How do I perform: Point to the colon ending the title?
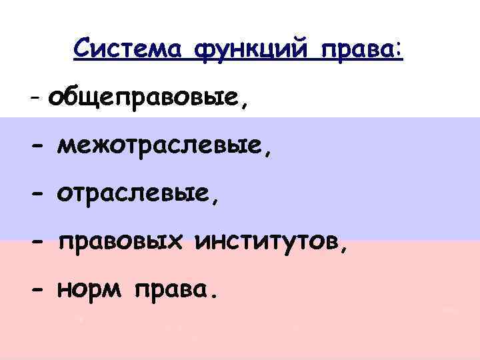(399, 51)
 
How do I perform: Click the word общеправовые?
(146, 99)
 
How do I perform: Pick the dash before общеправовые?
(35, 101)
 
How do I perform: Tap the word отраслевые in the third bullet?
(136, 194)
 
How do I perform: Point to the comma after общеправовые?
(249, 107)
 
